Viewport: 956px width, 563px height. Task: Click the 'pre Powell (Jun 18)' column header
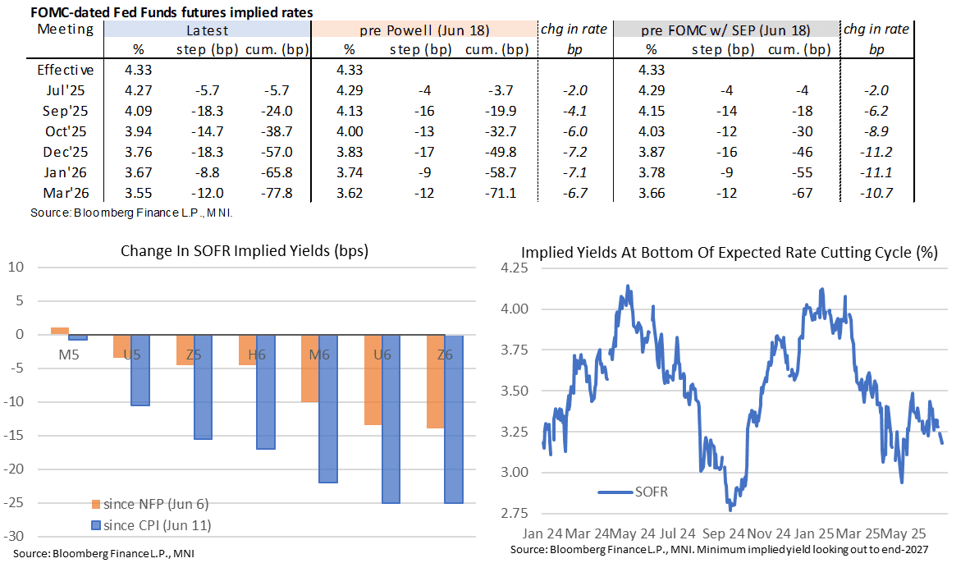[x=424, y=30]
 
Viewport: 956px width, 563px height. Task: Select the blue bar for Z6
[x=445, y=419]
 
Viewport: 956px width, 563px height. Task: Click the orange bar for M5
[x=60, y=331]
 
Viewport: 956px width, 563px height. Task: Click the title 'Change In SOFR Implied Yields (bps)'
[x=244, y=251]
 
